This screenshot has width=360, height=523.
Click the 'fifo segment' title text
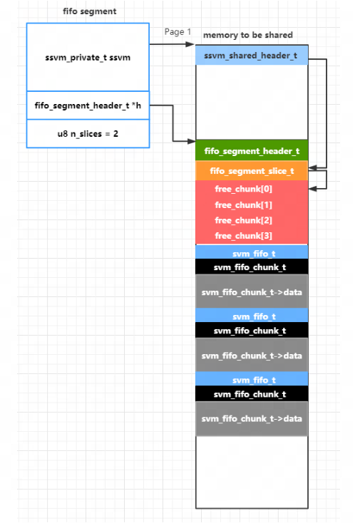(x=89, y=11)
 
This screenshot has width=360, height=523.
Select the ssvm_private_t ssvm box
(x=88, y=57)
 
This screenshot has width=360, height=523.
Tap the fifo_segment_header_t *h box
(x=88, y=105)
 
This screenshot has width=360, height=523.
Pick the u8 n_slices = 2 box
(x=88, y=133)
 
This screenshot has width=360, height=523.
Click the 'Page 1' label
(x=178, y=31)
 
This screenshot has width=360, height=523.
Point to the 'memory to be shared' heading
(x=248, y=35)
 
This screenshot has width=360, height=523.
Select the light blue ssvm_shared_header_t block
(x=252, y=55)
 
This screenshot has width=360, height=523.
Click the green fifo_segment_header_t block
(x=252, y=151)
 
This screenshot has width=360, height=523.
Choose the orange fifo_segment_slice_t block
(x=252, y=171)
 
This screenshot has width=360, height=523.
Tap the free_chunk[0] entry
(x=244, y=189)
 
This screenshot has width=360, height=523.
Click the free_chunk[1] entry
(x=244, y=204)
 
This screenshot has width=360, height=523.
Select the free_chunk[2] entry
(x=244, y=220)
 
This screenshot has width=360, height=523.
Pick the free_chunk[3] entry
(x=244, y=236)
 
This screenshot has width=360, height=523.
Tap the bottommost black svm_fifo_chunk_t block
(x=252, y=394)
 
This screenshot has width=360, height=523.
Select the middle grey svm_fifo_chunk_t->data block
(x=252, y=355)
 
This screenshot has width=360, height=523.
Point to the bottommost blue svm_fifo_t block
(x=252, y=379)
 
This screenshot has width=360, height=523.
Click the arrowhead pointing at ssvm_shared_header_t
(x=190, y=44)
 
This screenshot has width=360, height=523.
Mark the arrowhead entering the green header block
(x=191, y=141)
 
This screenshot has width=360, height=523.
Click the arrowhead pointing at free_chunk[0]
(x=313, y=189)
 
